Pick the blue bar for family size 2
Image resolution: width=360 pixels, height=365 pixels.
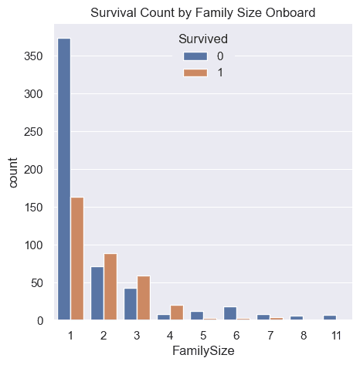[x=97, y=293]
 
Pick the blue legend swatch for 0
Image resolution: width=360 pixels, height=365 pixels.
[x=194, y=56]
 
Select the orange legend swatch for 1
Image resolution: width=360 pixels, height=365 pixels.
[x=194, y=72]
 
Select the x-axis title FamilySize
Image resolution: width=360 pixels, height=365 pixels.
[x=197, y=351]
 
